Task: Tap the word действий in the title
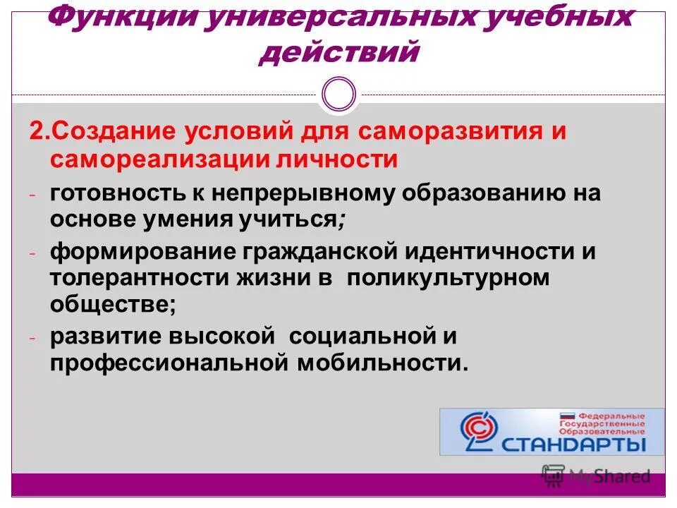pyautogui.click(x=339, y=52)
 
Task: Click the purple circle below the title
pyautogui.click(x=338, y=94)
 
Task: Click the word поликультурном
pyautogui.click(x=447, y=277)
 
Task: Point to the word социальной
pyautogui.click(x=355, y=337)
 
